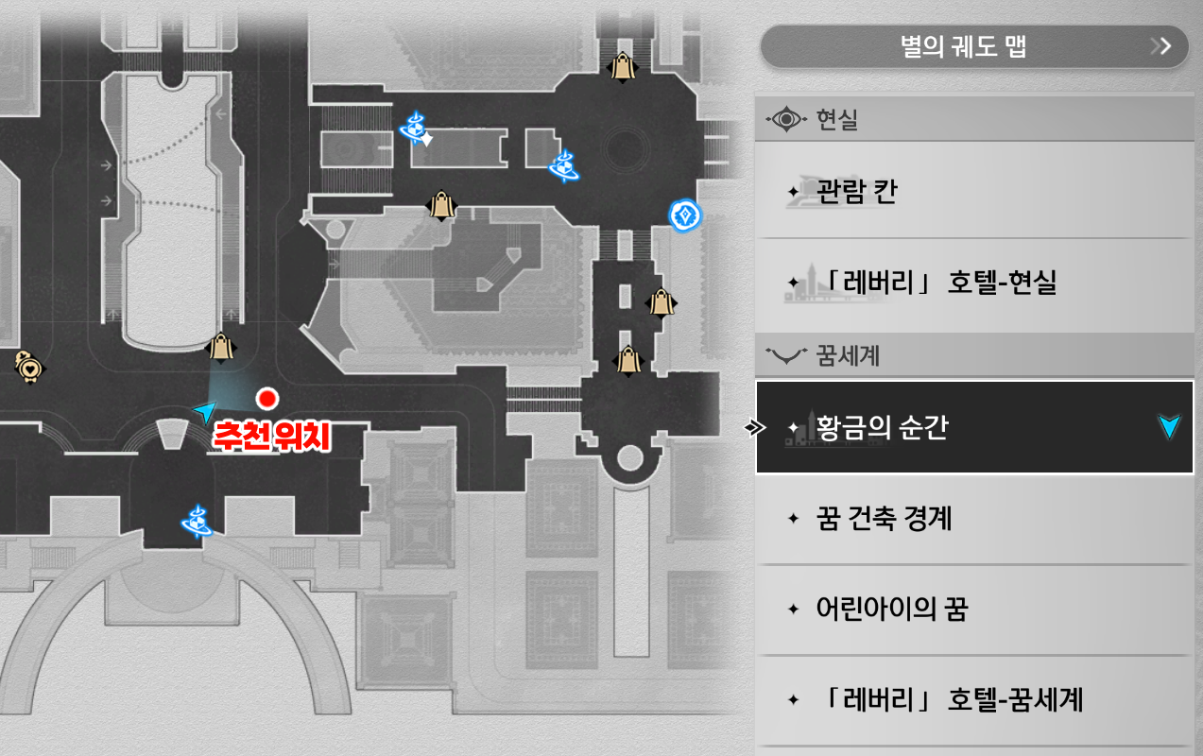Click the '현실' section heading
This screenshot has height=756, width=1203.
[835, 120]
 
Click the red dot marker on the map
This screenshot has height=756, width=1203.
[268, 398]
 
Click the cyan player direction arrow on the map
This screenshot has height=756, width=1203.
[204, 411]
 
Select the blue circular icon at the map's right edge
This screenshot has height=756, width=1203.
[683, 215]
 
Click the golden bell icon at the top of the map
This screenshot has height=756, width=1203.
[622, 67]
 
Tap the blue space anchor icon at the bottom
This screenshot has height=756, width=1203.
[198, 521]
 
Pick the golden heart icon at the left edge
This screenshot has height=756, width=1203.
[29, 367]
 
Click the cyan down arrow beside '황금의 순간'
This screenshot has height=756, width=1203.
[1170, 427]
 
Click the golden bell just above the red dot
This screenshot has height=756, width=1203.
[222, 348]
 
